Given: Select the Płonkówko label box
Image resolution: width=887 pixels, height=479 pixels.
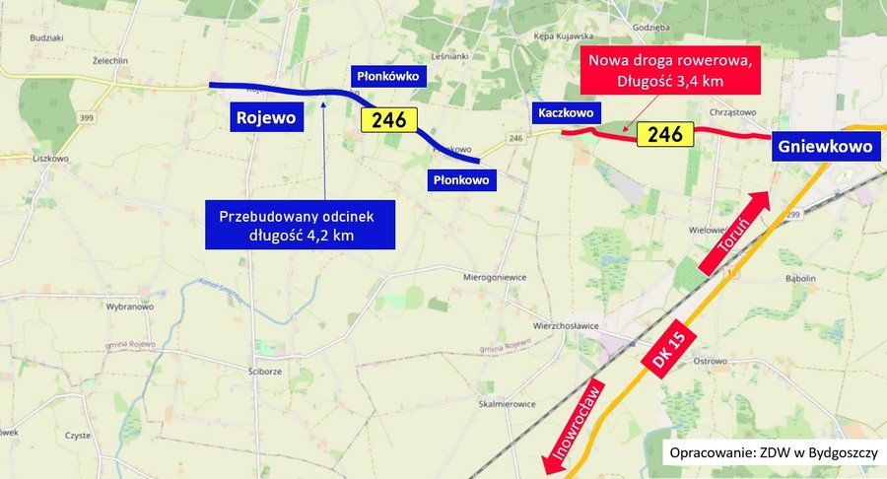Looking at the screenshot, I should click(387, 75).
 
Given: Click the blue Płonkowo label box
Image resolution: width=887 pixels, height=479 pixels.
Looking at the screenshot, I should click(460, 179).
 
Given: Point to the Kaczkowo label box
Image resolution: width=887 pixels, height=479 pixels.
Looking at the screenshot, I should click(563, 112).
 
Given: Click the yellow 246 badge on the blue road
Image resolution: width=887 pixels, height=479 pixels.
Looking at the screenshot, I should click(388, 120).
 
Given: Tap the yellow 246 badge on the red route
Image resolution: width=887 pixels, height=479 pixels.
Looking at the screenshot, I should click(664, 134).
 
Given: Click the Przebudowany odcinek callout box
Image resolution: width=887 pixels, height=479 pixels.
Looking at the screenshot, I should click(300, 225).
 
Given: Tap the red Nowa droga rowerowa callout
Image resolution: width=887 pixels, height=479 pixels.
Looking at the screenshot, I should click(670, 70).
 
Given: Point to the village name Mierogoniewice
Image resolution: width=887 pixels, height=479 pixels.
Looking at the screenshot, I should click(496, 278).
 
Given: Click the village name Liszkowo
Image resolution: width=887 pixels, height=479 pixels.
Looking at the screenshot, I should click(49, 158).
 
